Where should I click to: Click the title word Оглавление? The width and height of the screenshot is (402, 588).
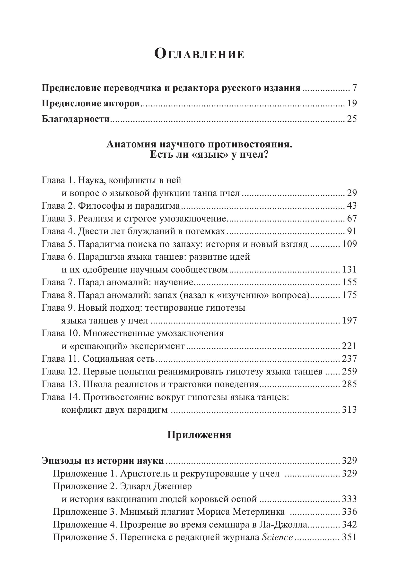199,54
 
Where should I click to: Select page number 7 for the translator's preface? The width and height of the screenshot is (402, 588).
354,88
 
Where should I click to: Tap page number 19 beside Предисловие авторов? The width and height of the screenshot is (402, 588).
352,103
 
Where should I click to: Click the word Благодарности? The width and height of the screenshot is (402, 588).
75,119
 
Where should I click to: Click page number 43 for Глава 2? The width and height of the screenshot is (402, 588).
352,206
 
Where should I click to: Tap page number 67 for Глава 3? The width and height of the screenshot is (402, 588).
352,218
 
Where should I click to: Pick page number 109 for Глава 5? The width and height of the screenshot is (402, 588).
349,244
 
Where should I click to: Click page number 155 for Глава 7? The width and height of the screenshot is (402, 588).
349,282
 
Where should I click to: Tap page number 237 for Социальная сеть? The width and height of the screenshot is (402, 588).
349,358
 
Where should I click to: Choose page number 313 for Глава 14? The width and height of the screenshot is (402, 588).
349,410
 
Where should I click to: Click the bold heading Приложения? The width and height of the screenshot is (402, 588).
199,435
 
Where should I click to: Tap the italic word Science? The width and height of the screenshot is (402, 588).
278,537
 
